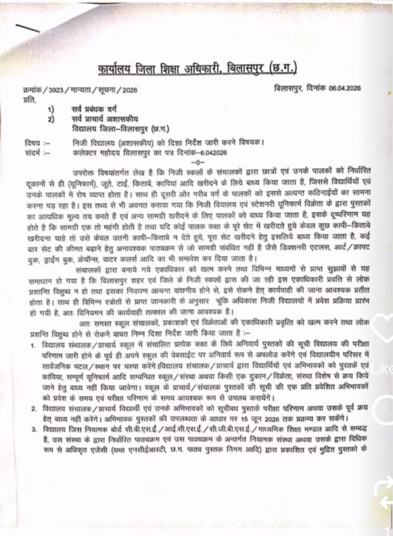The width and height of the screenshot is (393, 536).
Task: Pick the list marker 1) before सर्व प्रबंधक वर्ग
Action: [50, 110]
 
